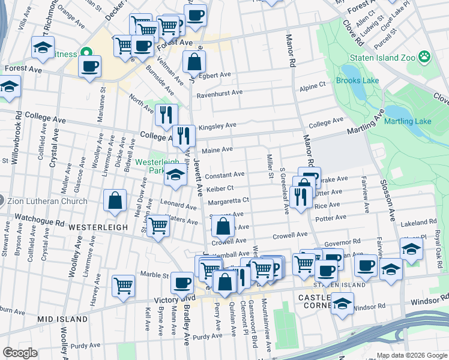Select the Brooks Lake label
[357, 81]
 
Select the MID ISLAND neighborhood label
[62, 319]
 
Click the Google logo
[20, 353]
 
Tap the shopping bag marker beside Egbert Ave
[194, 61]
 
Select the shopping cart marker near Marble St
[123, 286]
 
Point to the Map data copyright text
[411, 355]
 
